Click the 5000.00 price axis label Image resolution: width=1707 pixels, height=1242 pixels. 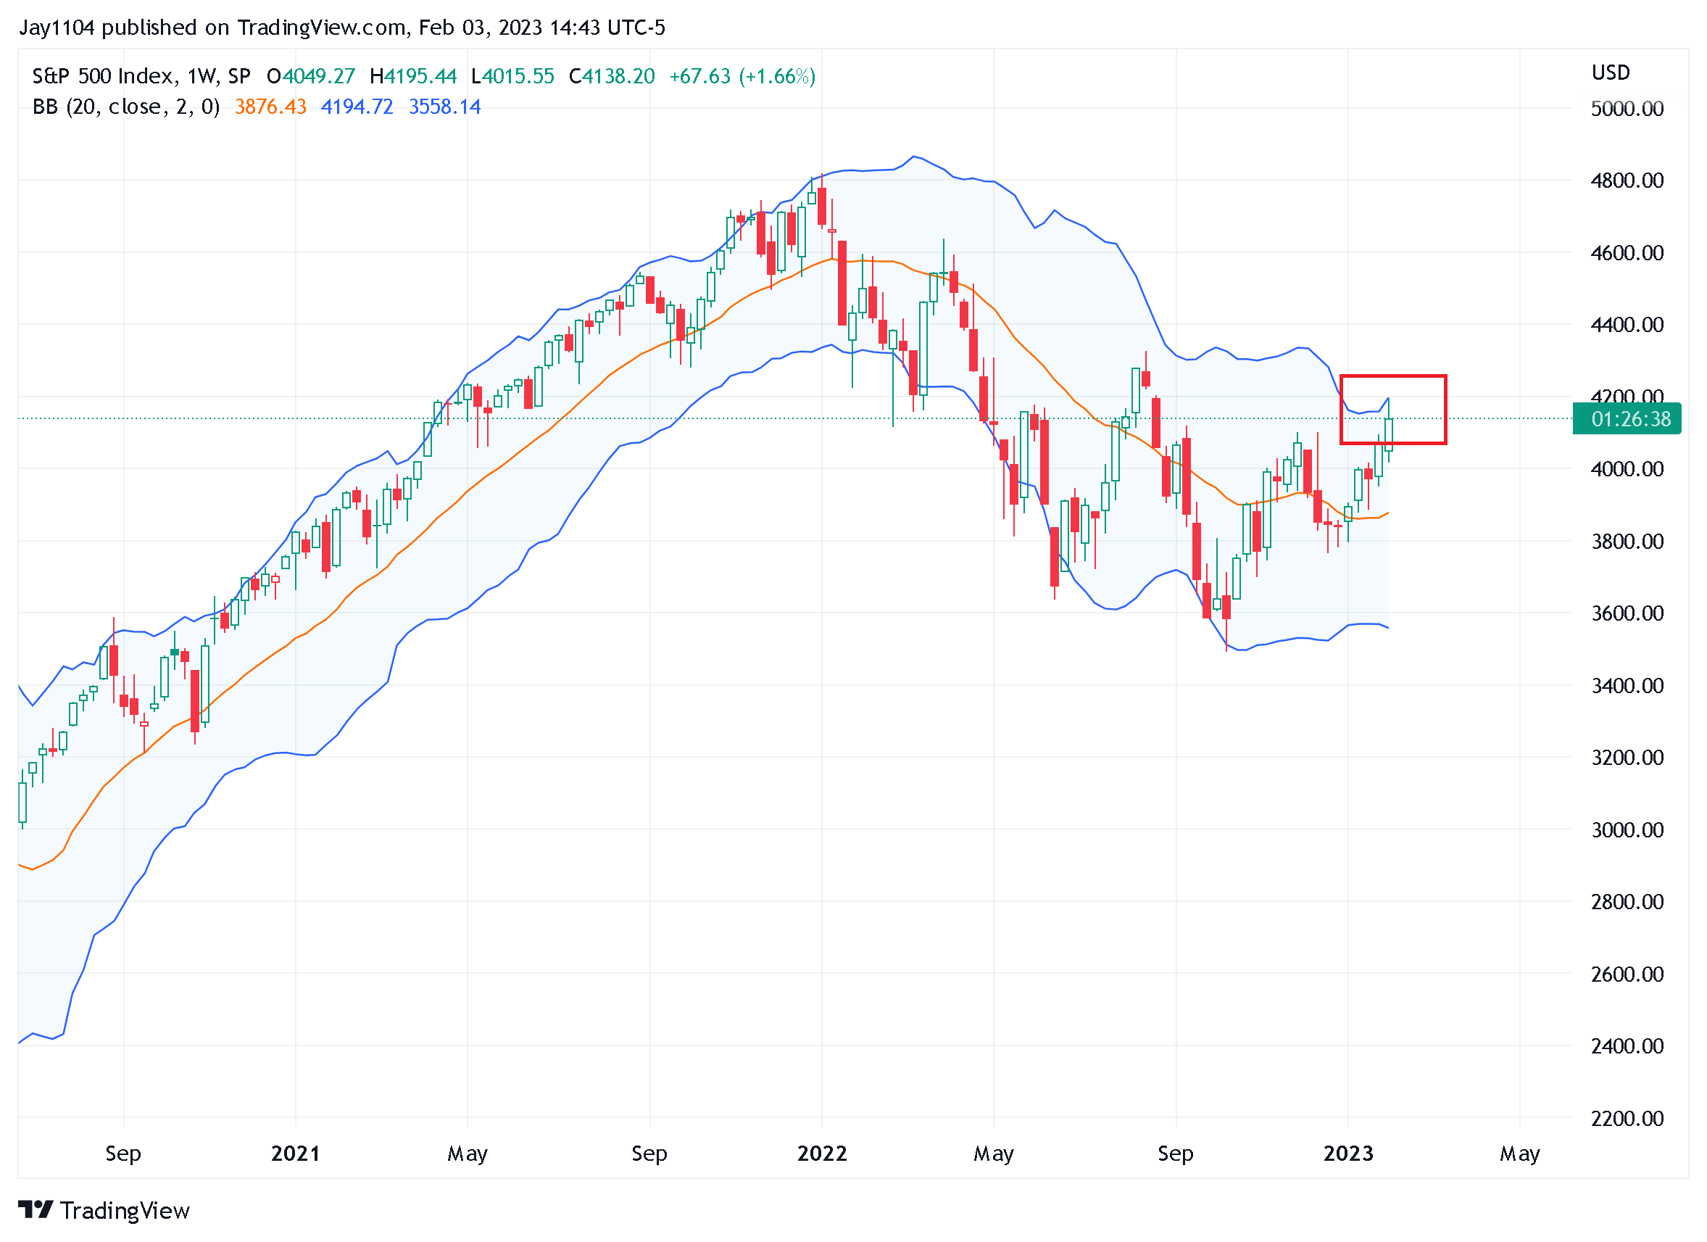[x=1627, y=109]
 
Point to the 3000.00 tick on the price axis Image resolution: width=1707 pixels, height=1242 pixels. [x=1627, y=829]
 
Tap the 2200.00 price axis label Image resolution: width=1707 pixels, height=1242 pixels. [x=1627, y=1118]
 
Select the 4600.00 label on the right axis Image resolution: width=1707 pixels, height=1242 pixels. [x=1627, y=253]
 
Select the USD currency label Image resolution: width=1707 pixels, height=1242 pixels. [x=1610, y=73]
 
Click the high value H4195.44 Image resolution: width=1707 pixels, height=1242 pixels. [x=413, y=77]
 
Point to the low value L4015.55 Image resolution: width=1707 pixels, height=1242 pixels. [x=512, y=77]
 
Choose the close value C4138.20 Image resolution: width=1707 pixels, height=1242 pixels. [x=612, y=77]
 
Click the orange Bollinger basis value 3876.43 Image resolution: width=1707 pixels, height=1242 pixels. [x=270, y=107]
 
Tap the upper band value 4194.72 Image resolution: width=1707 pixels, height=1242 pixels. [x=357, y=107]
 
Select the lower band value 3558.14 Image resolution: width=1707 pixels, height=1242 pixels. [x=444, y=107]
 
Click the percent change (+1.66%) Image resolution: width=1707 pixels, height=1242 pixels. [x=777, y=77]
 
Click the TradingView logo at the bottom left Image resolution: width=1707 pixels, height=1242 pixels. [x=104, y=1210]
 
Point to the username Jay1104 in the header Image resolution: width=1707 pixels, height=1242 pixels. [x=57, y=28]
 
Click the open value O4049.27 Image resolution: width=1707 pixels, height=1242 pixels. [x=311, y=77]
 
